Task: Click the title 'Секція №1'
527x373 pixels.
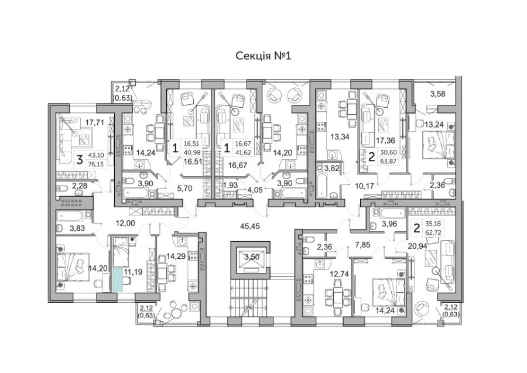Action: (263, 56)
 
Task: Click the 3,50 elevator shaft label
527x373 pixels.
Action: (252, 258)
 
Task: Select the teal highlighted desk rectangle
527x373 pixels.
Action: (117, 279)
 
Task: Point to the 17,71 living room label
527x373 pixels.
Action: (94, 122)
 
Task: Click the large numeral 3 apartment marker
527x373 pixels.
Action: (79, 160)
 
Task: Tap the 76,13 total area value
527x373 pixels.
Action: (95, 165)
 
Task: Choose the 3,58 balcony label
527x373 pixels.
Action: (437, 94)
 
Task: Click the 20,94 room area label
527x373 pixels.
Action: (417, 247)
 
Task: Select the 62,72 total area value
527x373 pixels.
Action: (433, 232)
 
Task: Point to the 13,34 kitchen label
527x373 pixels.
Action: (340, 136)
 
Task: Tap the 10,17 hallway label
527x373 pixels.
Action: (364, 186)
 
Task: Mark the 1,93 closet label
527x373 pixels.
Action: (231, 185)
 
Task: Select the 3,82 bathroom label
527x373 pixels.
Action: (333, 169)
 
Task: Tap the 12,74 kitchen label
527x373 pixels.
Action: (340, 274)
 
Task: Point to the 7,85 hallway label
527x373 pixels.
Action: (362, 245)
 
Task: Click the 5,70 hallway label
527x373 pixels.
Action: (184, 189)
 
